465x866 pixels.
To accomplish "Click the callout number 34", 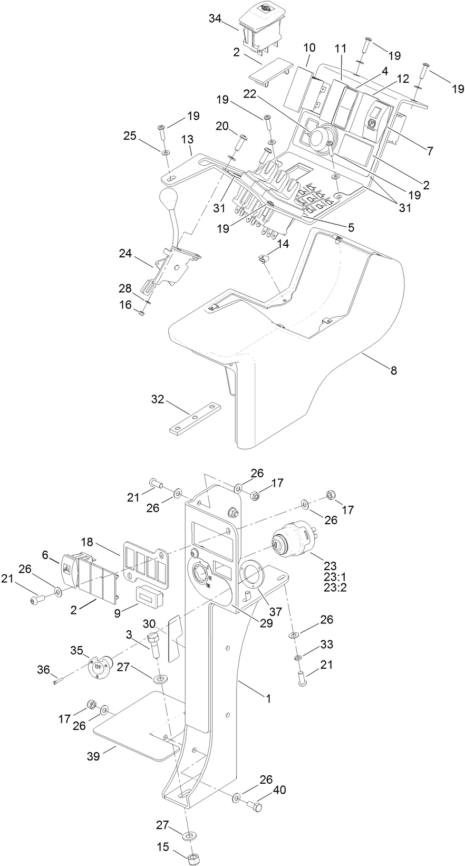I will click(x=215, y=18).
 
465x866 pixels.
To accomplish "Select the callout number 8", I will click(x=393, y=371).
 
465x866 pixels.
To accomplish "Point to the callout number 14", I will click(x=283, y=244).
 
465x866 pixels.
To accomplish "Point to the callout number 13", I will click(x=187, y=139).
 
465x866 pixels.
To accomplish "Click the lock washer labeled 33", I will click(x=297, y=657).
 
